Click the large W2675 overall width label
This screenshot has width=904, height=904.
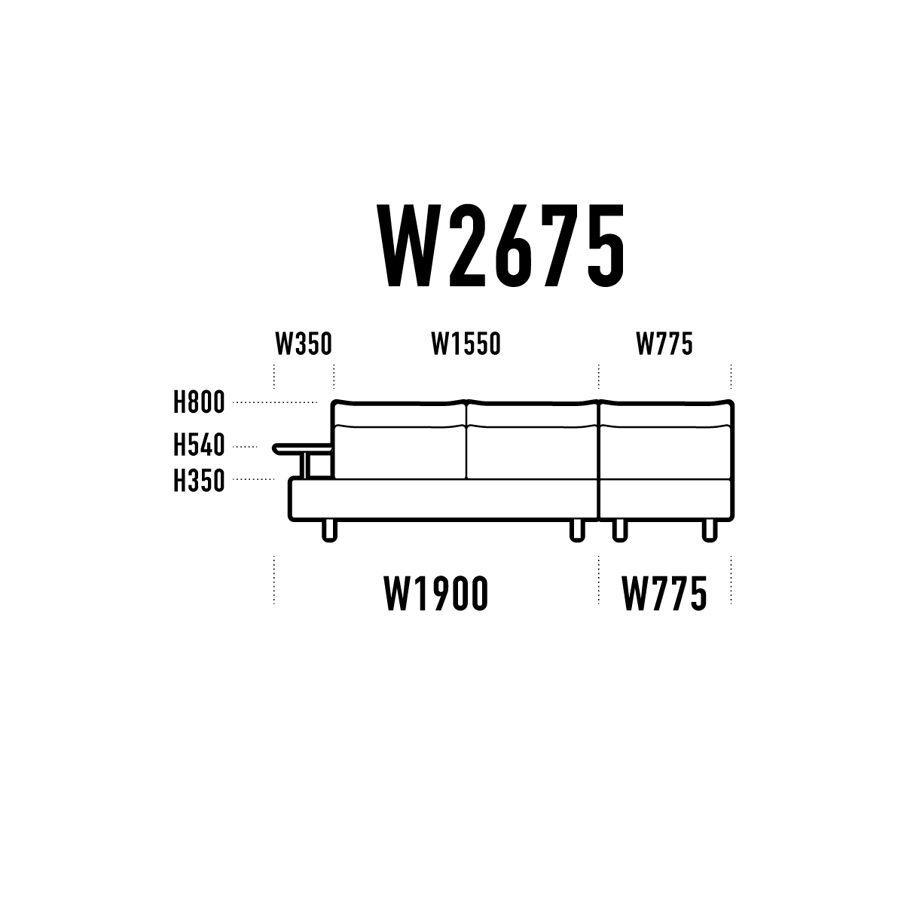(501, 246)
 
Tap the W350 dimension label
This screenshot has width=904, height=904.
(304, 344)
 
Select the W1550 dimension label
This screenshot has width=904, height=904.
(466, 344)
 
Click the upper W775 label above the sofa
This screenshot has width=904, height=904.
(664, 344)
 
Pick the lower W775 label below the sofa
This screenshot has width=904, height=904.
(664, 594)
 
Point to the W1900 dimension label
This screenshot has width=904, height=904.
(436, 594)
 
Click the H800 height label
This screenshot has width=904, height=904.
(199, 402)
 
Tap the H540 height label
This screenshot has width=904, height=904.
(199, 445)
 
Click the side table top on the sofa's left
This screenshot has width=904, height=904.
(303, 449)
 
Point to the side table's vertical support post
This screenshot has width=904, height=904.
(307, 466)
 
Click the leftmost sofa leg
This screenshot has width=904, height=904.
(329, 531)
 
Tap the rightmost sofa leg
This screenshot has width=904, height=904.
(710, 531)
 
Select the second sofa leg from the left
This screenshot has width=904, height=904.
(577, 531)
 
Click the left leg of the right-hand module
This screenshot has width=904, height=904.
(620, 531)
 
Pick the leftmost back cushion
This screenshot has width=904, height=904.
(399, 440)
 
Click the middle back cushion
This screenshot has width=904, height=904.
(533, 440)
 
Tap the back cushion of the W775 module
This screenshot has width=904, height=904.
(666, 440)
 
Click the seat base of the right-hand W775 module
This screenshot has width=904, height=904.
(666, 499)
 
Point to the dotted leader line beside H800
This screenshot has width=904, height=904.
(275, 402)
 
